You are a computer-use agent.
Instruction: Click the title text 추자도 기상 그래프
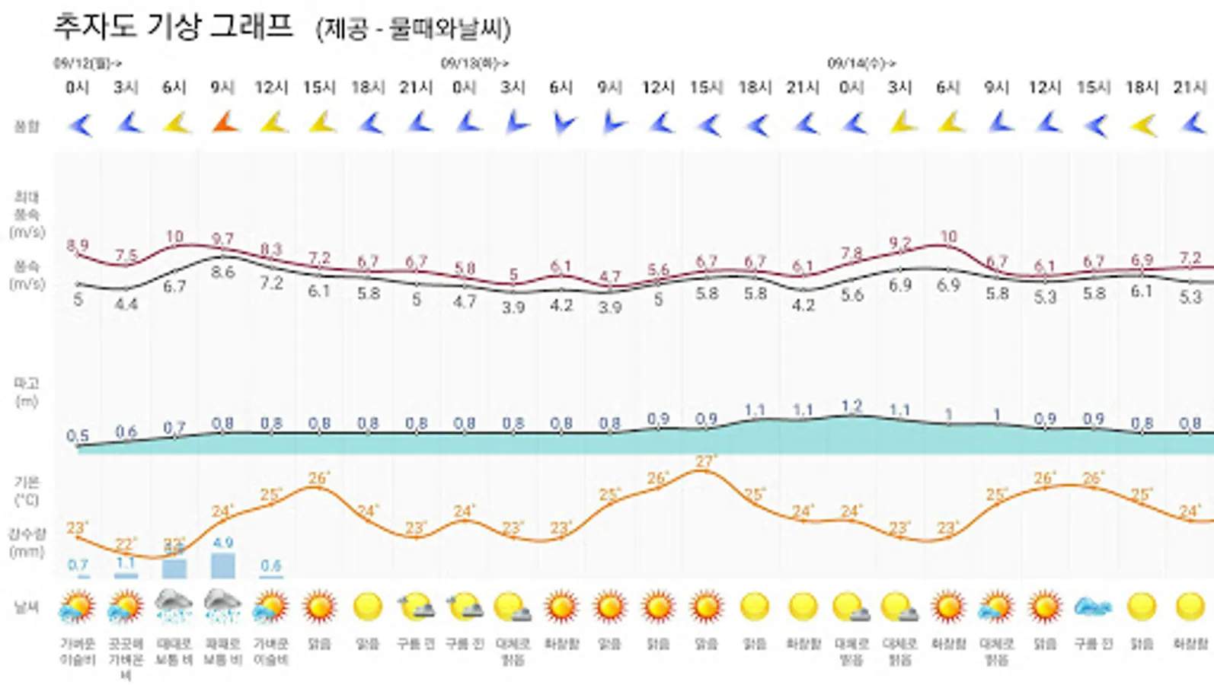[x=172, y=27]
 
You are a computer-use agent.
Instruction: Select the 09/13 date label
[x=474, y=63]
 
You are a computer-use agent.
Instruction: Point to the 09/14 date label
[x=861, y=63]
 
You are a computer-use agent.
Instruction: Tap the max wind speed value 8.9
[x=77, y=245]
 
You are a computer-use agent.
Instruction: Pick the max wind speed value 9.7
[x=222, y=239]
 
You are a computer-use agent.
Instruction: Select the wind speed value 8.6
[x=222, y=272]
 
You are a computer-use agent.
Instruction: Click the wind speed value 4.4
[x=126, y=304]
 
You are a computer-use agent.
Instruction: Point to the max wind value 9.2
[x=899, y=244]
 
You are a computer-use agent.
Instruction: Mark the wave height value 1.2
[x=851, y=406]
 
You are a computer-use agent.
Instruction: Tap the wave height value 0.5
[x=77, y=436]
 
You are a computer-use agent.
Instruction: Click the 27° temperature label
[x=706, y=461]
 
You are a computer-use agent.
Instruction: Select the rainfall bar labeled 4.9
[x=222, y=565]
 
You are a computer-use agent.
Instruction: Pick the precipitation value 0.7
[x=78, y=565]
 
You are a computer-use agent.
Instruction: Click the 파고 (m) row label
[x=27, y=392]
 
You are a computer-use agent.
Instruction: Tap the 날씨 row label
[x=27, y=607]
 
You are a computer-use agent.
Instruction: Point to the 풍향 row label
[x=27, y=126]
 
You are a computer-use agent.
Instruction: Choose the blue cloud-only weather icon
[x=1093, y=607]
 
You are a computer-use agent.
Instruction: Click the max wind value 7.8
[x=851, y=253]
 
